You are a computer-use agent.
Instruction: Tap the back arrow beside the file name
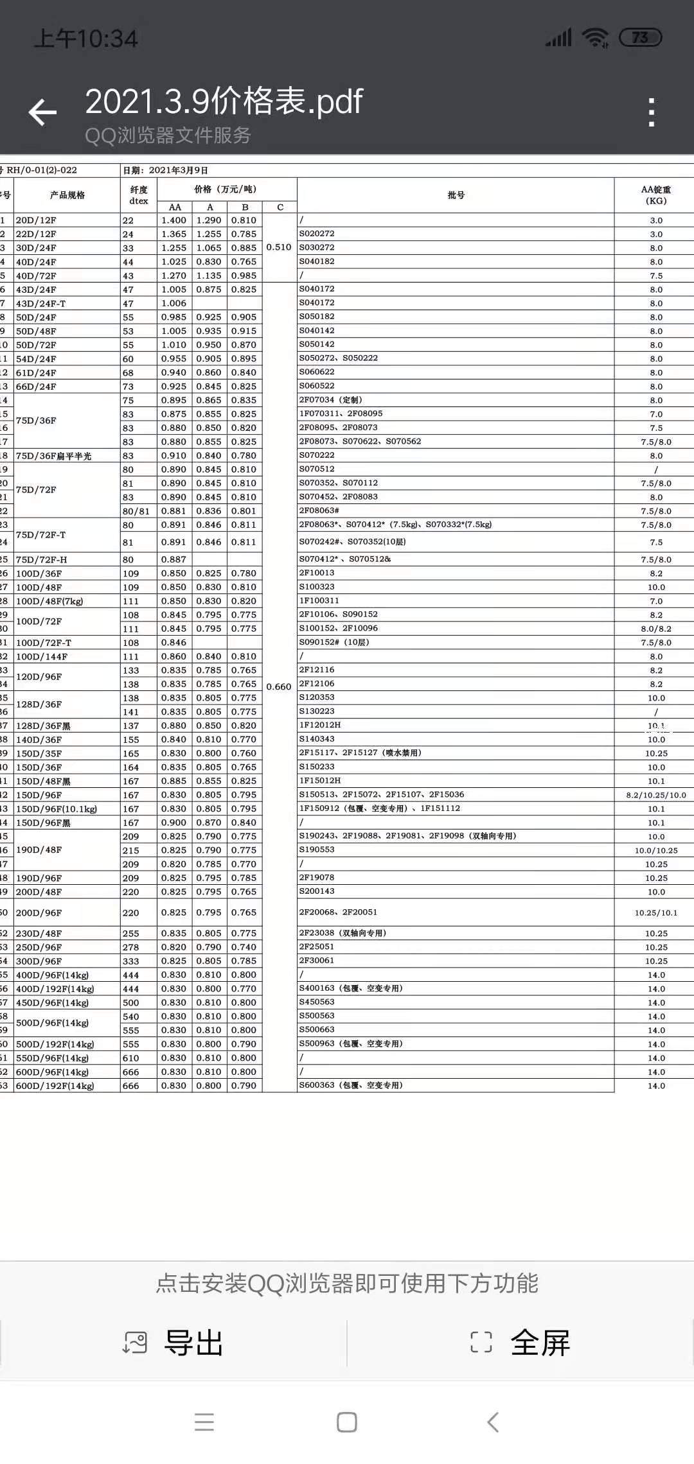point(43,112)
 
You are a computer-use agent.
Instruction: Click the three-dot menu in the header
point(652,112)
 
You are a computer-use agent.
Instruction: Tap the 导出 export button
point(173,1343)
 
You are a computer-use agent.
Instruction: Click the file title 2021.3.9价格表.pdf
point(224,101)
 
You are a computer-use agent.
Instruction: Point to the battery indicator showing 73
point(640,38)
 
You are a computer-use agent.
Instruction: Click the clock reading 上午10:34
point(85,39)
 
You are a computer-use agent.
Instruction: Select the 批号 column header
point(456,195)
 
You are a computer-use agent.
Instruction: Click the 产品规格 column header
point(67,195)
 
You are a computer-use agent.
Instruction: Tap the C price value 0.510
point(279,247)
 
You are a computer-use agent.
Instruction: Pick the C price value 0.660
point(279,686)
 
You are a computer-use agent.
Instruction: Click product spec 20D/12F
point(36,220)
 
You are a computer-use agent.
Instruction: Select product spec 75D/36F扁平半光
point(53,456)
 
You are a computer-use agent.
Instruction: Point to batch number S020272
point(317,234)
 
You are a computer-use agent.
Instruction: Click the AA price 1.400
point(174,220)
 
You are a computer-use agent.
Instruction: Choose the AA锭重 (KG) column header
point(655,195)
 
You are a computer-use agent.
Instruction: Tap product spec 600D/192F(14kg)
point(55,1086)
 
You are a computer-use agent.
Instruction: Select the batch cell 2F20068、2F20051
point(338,912)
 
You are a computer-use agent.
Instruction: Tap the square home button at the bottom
point(347,1422)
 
